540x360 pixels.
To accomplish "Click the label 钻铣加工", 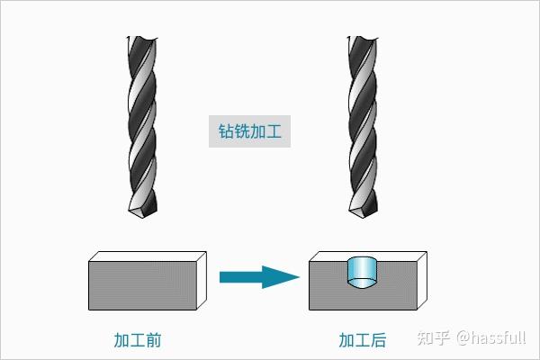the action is pyautogui.click(x=251, y=131).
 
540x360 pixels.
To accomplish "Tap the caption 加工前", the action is pyautogui.click(x=138, y=341).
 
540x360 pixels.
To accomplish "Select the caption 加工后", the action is pyautogui.click(x=363, y=341).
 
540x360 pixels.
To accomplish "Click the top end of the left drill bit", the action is pyautogui.click(x=141, y=39).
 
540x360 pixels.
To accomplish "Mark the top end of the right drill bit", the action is pyautogui.click(x=363, y=39).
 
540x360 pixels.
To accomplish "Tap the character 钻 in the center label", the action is pyautogui.click(x=227, y=131).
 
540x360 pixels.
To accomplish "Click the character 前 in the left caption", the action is pyautogui.click(x=153, y=341).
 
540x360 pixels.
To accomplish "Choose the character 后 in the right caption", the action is pyautogui.click(x=378, y=341).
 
